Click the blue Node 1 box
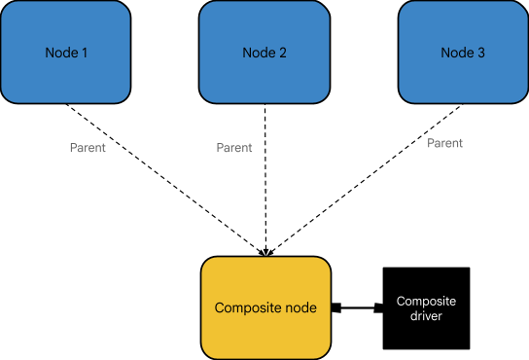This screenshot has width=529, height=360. coord(65,53)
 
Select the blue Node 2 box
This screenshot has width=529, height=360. coord(264,53)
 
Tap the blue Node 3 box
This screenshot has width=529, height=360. coord(463,53)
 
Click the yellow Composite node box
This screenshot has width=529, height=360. coord(265,307)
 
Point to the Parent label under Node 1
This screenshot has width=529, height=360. coord(88,148)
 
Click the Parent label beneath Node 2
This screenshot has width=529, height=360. coord(234,148)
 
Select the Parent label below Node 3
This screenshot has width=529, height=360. coord(444,143)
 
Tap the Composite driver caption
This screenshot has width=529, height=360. coord(426,308)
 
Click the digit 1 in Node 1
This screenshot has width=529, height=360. coord(85,53)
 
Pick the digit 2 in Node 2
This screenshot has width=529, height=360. coord(283,53)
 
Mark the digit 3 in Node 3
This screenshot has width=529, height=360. coord(481,53)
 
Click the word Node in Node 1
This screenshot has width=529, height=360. coord(60,53)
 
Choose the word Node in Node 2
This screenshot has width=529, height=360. coord(259,53)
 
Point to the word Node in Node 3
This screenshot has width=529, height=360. coord(457,53)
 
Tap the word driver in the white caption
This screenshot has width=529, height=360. coord(426,316)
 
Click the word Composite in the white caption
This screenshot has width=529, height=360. coord(426,302)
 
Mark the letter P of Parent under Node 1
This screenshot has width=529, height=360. coord(73,148)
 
